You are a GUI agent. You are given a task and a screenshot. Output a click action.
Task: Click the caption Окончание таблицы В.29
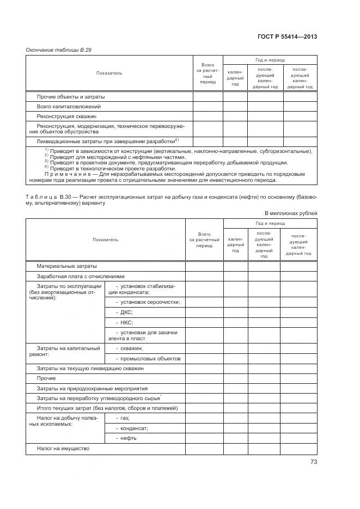(x=59, y=50)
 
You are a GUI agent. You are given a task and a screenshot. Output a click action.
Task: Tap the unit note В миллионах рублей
(x=291, y=213)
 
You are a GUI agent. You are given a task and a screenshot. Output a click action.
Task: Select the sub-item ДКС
(x=125, y=312)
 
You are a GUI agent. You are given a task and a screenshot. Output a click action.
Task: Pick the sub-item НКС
(x=125, y=322)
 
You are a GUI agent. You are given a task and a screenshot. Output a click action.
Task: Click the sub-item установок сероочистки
(x=148, y=302)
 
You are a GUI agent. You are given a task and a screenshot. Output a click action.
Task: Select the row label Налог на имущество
(x=63, y=449)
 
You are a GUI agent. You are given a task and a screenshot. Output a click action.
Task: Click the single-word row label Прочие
(x=46, y=378)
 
